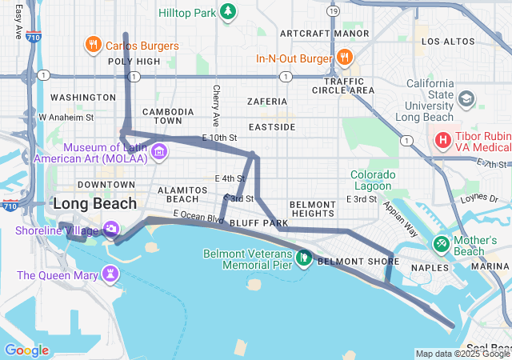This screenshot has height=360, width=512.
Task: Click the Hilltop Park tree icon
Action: coord(229,12)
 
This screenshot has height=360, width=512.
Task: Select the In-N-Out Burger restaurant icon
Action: coord(345,58)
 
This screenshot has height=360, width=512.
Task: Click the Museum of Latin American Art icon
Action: coord(158,151)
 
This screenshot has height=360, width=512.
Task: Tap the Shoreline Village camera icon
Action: coord(111,230)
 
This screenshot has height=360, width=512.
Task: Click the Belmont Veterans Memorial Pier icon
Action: coord(303,258)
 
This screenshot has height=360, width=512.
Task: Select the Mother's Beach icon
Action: coord(440,242)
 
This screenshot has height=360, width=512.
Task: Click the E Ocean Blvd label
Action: coord(199,217)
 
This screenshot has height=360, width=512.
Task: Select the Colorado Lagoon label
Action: coord(374,180)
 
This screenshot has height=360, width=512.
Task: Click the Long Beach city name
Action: coord(94,204)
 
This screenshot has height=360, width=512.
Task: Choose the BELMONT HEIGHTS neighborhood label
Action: coord(312,210)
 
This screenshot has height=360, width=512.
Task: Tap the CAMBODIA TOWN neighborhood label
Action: coord(168,116)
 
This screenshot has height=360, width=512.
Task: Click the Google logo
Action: coord(26,350)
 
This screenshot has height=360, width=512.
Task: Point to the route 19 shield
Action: coord(333,11)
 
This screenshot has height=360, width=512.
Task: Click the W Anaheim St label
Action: coord(66,117)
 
